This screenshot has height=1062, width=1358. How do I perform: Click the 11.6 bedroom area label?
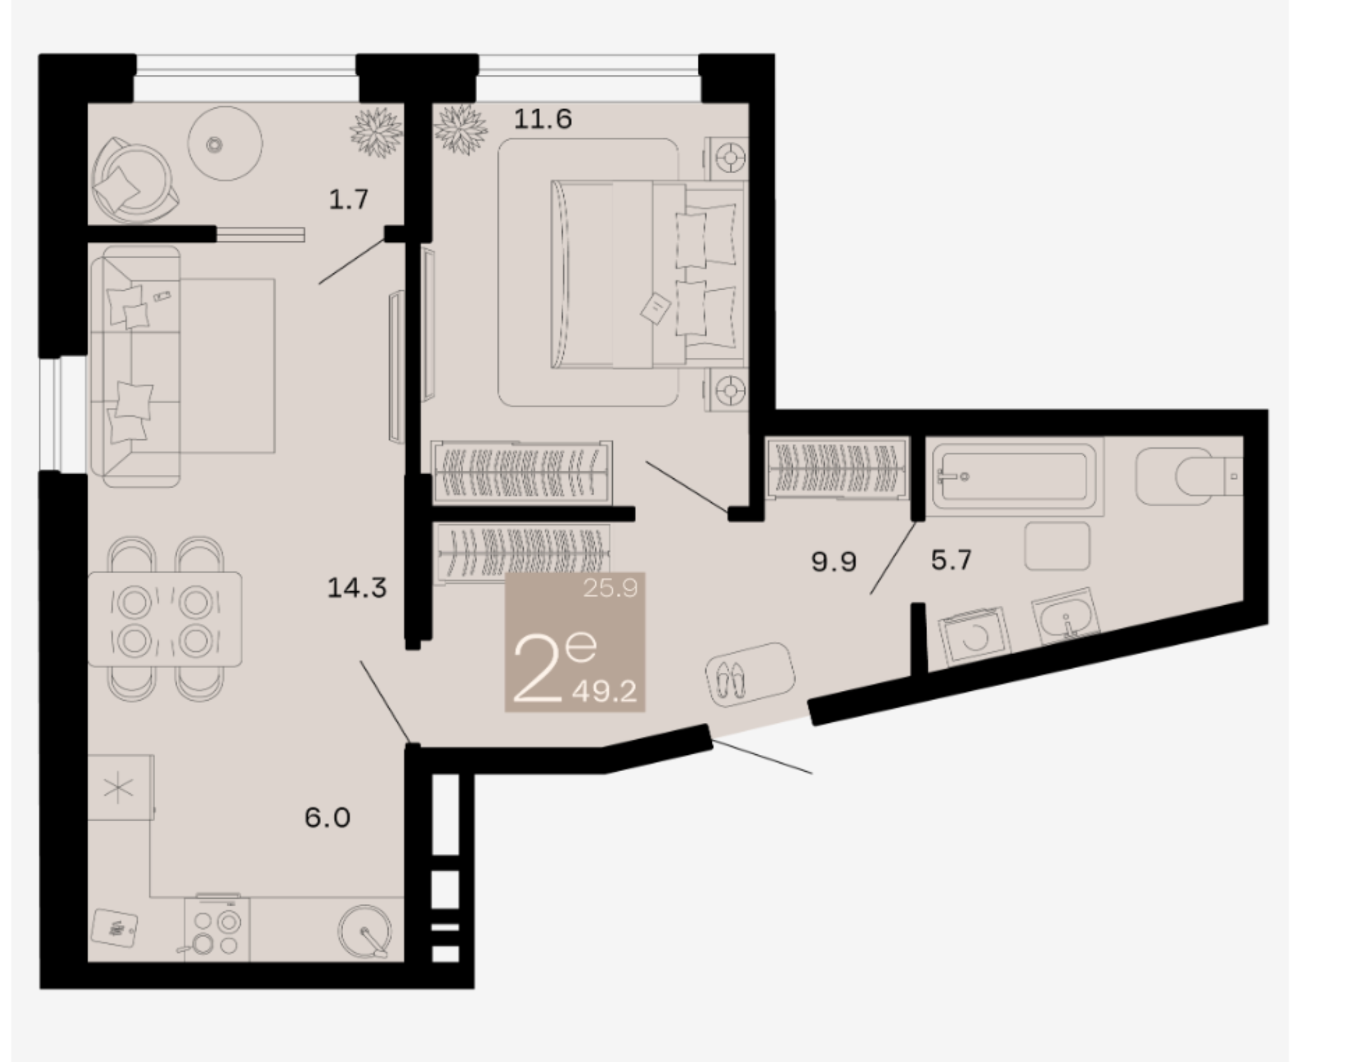543,119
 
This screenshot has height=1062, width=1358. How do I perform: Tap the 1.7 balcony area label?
349,199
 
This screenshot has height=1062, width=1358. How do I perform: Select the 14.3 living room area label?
357,588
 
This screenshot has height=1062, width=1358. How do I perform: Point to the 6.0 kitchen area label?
328,817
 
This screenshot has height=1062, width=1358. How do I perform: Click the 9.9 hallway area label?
834,562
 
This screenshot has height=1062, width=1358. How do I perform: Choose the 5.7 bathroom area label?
951,560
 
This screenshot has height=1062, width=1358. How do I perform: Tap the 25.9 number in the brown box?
610,589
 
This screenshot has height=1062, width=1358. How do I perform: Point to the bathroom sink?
1066,617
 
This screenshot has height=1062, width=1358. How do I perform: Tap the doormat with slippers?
750,674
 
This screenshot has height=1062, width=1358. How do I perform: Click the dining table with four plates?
165,619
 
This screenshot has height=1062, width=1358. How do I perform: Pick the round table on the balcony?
225,143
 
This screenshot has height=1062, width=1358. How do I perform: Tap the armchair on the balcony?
134,181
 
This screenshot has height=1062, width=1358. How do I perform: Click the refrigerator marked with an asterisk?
120,788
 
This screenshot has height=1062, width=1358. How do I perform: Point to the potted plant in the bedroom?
460,128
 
